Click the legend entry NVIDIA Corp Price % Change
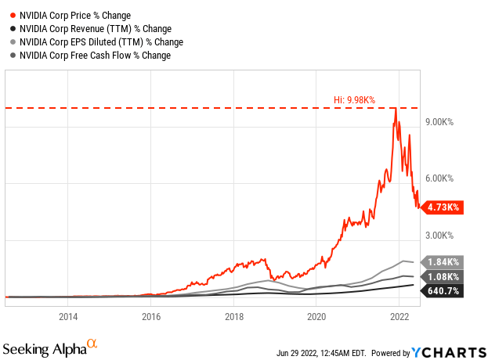pyautogui.click(x=74, y=15)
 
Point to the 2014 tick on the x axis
pyautogui.click(x=68, y=317)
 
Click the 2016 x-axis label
pyautogui.click(x=151, y=317)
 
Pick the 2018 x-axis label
pyautogui.click(x=234, y=317)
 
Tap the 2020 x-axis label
pyautogui.click(x=317, y=317)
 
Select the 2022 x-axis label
pyautogui.click(x=400, y=317)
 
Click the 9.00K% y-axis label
pyautogui.click(x=442, y=122)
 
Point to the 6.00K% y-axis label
pyautogui.click(x=442, y=178)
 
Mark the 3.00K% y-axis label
pyautogui.click(x=442, y=235)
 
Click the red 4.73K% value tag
pyautogui.click(x=444, y=207)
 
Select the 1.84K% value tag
pyautogui.click(x=444, y=262)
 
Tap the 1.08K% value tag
pyautogui.click(x=444, y=276)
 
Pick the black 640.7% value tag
pyautogui.click(x=444, y=291)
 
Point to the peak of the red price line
pyautogui.click(x=396, y=109)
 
